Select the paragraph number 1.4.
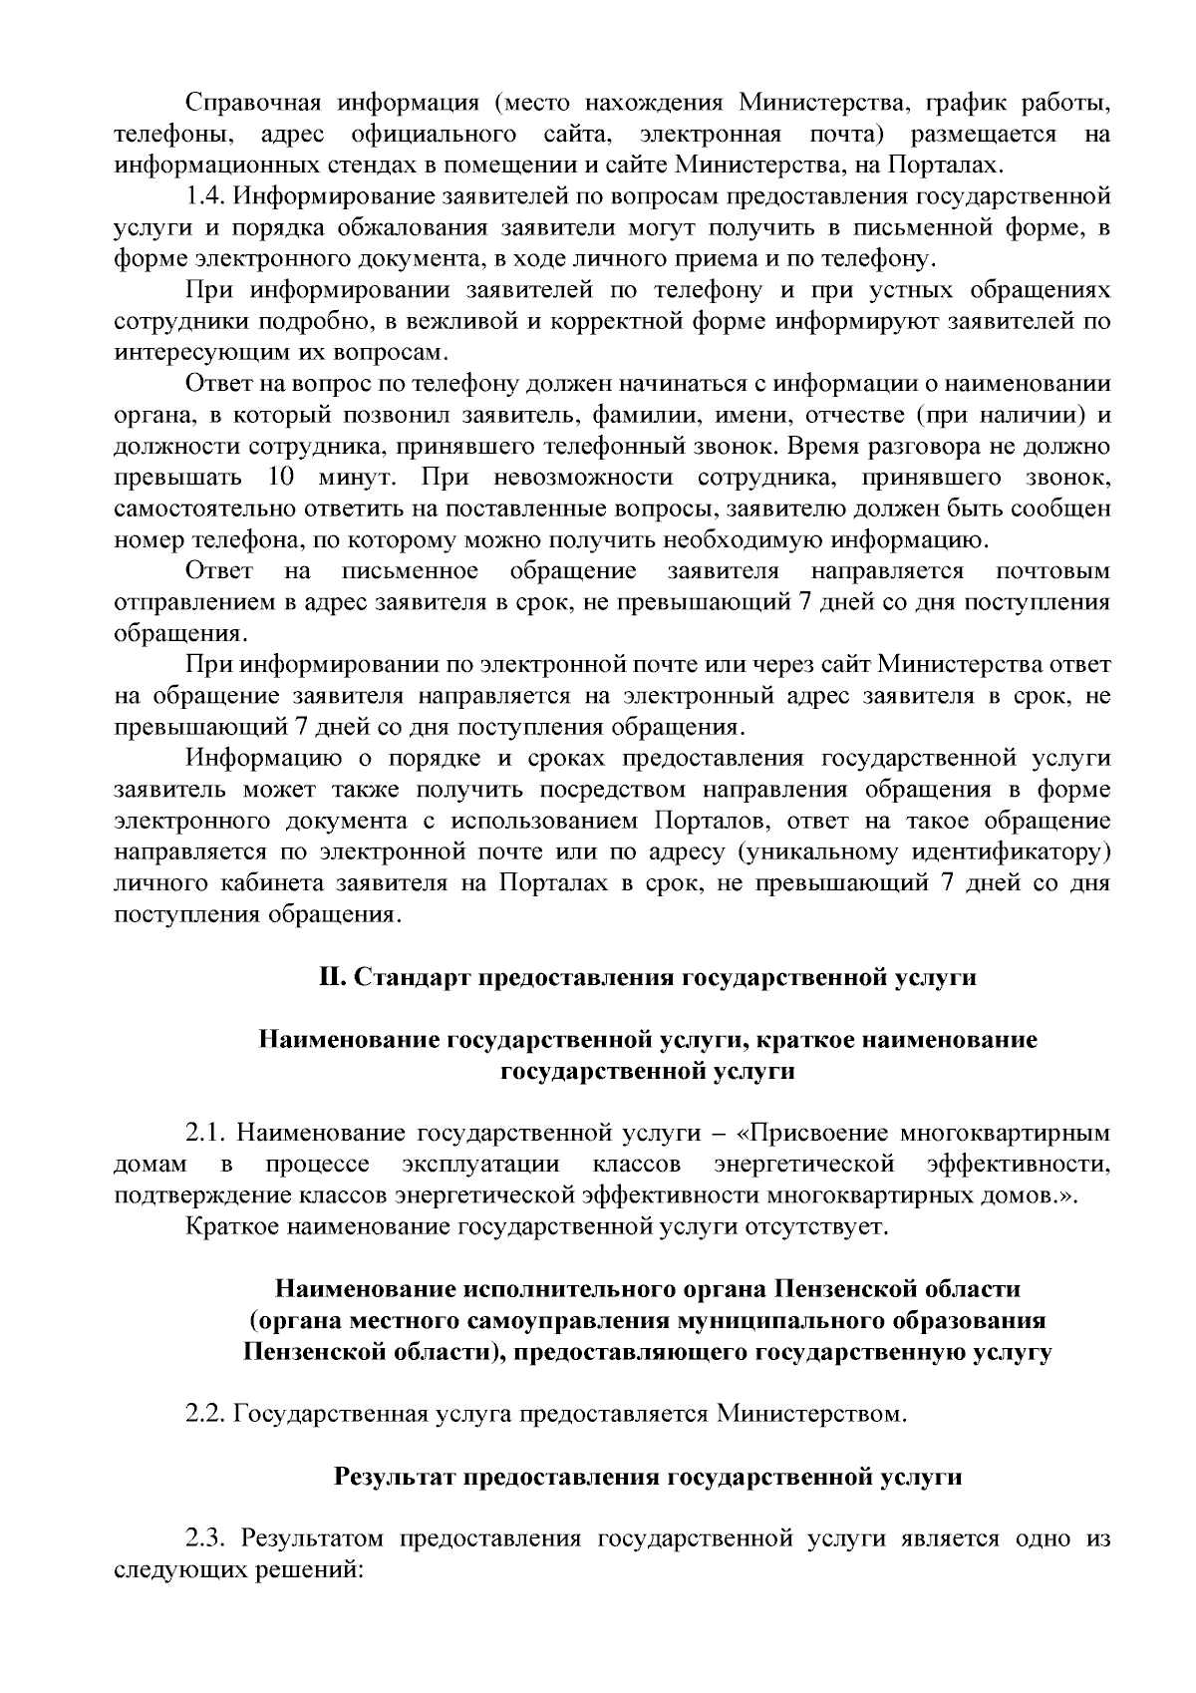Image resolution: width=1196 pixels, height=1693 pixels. pos(206,196)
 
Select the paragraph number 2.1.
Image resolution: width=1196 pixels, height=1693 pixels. pos(206,1133)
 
